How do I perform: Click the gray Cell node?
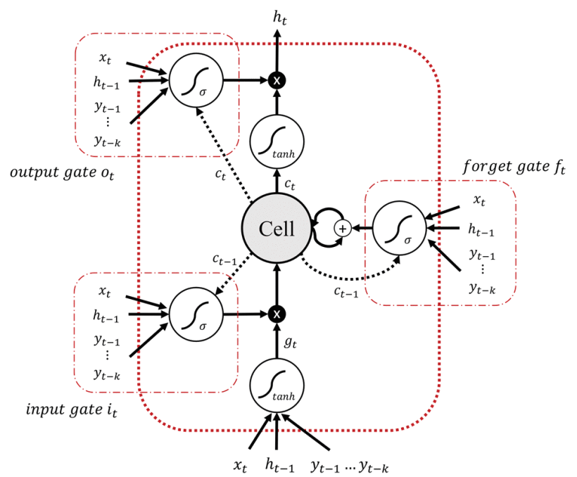277,228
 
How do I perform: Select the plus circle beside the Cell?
343,228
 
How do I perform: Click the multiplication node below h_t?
277,81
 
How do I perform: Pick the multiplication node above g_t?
277,313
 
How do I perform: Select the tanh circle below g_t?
277,384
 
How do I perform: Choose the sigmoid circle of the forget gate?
398,228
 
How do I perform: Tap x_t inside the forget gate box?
478,201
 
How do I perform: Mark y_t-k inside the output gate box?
108,141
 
